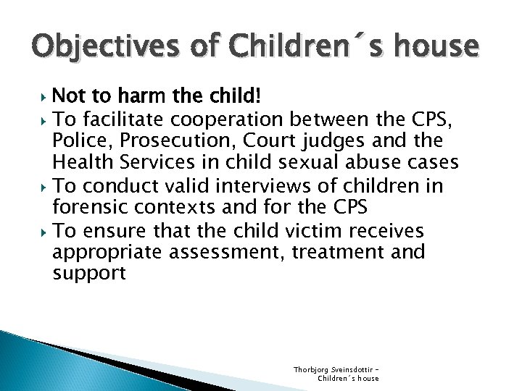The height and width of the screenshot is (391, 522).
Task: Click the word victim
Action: [x=312, y=230]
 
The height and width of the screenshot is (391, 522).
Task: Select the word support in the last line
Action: [x=89, y=274]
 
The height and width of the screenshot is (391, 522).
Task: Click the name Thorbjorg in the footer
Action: [x=311, y=370]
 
